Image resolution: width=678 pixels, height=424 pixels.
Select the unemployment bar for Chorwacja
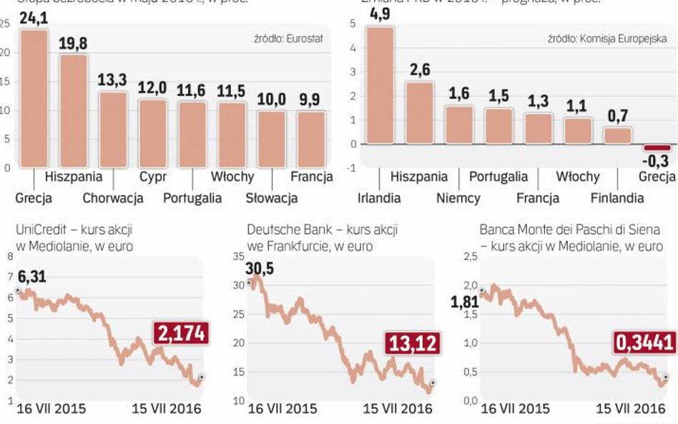[x=112, y=129]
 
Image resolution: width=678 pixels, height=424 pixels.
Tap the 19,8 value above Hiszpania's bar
[x=73, y=44]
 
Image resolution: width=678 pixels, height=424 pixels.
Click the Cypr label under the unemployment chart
[x=152, y=176]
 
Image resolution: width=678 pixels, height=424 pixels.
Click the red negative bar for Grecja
[x=658, y=147]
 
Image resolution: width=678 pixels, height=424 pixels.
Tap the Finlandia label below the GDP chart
[x=617, y=197]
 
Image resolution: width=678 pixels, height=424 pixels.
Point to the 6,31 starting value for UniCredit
[x=31, y=275]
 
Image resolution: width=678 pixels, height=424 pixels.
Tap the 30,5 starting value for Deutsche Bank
[x=260, y=270]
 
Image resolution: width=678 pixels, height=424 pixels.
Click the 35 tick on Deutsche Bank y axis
[x=239, y=256]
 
